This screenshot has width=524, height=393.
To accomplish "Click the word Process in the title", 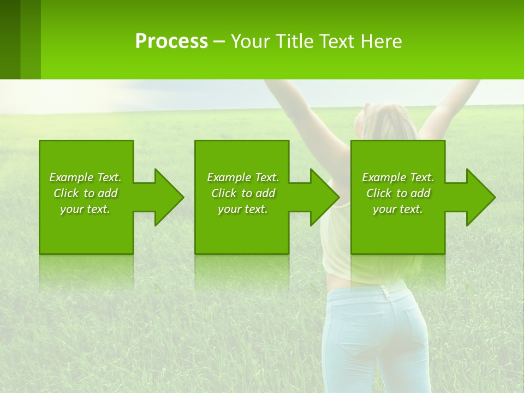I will click(x=171, y=41).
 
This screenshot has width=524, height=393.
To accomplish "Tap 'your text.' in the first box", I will click(x=85, y=209).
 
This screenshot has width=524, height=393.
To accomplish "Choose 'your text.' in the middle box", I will click(x=243, y=209).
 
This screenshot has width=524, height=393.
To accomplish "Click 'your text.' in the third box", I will click(x=398, y=209).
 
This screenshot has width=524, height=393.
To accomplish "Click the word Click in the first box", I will click(x=66, y=193).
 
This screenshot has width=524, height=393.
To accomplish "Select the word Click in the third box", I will click(x=379, y=193).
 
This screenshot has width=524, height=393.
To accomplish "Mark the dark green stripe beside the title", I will click(x=10, y=39).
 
